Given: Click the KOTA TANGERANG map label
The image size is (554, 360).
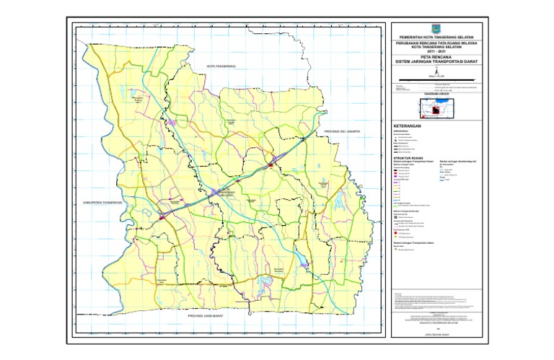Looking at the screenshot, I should [221, 66].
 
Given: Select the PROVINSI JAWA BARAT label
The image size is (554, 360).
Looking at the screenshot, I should [208, 317].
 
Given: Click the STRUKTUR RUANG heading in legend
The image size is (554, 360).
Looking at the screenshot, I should [409, 156].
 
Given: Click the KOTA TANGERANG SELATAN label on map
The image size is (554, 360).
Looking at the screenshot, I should [226, 193].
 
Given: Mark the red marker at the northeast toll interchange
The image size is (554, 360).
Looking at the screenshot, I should [270, 166].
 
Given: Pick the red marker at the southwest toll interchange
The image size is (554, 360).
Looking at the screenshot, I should [162, 216].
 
